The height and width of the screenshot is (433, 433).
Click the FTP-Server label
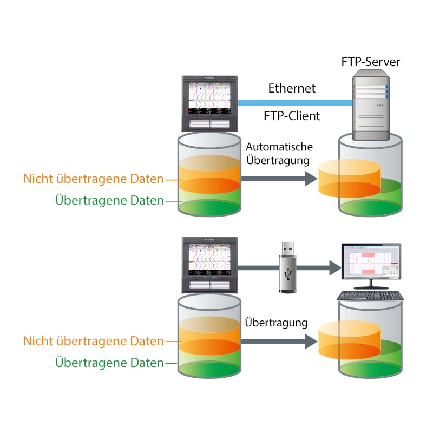[x=370, y=62]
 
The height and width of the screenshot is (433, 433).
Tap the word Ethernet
[x=292, y=88]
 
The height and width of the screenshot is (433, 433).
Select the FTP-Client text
[x=292, y=115]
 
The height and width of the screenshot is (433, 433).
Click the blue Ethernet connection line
[x=292, y=101]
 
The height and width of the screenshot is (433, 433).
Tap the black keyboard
[x=370, y=296]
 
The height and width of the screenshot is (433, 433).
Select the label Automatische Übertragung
[x=279, y=154]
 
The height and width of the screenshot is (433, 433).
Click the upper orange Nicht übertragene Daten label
[x=93, y=179]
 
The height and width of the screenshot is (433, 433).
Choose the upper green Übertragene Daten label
[x=109, y=201]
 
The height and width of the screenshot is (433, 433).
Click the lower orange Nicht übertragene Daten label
[x=93, y=341]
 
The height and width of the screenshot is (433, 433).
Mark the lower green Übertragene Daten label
[x=109, y=363]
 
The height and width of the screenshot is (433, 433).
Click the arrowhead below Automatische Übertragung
[x=310, y=178]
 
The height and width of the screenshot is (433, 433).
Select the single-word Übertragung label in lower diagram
[x=276, y=323]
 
